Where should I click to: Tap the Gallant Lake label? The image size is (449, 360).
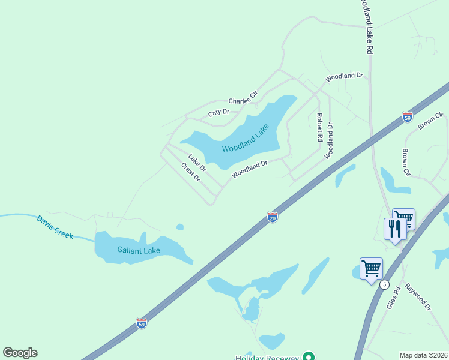[x=139, y=250]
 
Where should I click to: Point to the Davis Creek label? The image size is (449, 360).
[x=55, y=227]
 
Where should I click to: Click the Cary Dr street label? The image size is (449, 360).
[x=218, y=112]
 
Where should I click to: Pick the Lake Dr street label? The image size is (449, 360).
[x=197, y=163]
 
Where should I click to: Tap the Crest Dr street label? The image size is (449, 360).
[x=190, y=172]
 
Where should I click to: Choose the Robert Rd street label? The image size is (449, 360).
[x=320, y=127]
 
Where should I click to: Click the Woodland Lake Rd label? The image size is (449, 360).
[x=366, y=27]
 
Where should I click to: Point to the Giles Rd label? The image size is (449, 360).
[x=393, y=298]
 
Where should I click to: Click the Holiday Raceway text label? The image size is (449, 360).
[x=267, y=358]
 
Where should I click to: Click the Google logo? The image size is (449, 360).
[x=20, y=353]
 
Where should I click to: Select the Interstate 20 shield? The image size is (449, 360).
[x=272, y=217]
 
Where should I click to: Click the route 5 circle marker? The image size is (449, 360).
[x=384, y=284]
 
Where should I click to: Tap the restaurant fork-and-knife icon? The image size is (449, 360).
[x=394, y=229]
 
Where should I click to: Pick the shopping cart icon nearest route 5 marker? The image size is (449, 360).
[x=371, y=268]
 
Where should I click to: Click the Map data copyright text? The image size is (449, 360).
[x=423, y=355]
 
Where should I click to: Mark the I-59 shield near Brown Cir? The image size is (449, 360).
[x=408, y=116]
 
